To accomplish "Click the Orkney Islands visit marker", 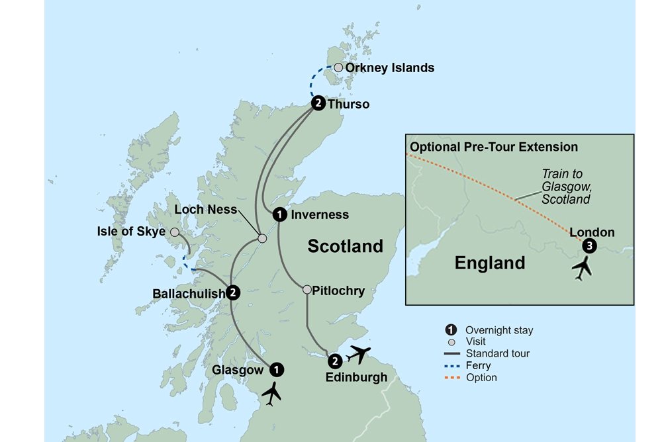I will (338, 67).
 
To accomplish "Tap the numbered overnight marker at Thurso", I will (318, 103).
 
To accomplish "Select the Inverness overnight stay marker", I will (280, 214).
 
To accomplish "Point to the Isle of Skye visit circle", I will (175, 232).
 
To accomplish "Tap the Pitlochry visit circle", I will (307, 290).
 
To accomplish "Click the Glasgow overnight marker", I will (277, 369).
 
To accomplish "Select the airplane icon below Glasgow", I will (271, 394).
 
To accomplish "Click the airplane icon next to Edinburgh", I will (358, 355).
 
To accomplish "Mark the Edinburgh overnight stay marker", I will (335, 361).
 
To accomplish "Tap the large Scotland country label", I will (345, 246).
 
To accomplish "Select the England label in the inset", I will (490, 263).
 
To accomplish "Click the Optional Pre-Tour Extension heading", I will (494, 147).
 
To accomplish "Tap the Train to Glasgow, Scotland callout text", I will (564, 186).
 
